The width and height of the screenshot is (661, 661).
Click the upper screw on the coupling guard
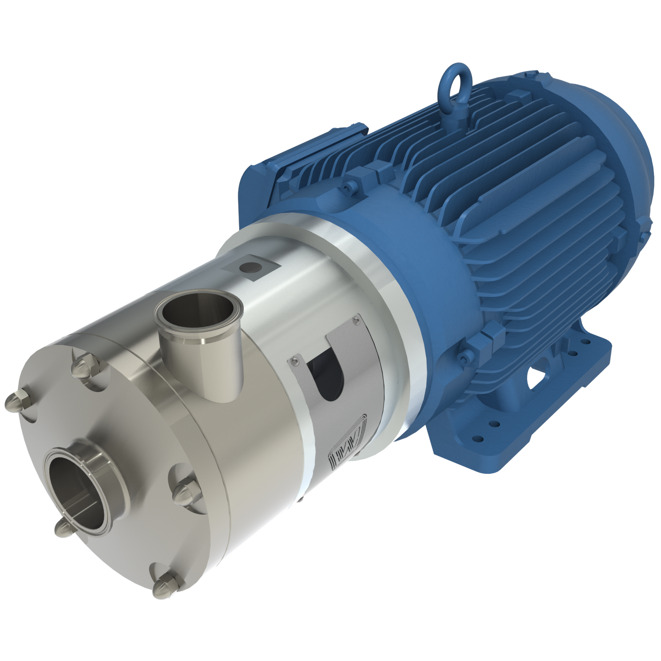(x=355, y=319)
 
